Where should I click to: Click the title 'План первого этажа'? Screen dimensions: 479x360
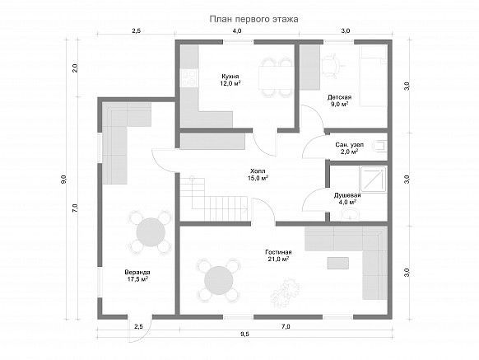click(253, 19)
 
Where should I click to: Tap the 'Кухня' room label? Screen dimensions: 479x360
click(230, 76)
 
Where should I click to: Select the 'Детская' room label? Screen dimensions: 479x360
click(339, 97)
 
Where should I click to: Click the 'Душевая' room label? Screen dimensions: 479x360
click(347, 195)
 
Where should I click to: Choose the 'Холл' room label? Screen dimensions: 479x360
click(258, 171)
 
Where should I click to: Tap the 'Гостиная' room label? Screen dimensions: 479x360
click(278, 252)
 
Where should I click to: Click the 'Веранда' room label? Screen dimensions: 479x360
click(137, 272)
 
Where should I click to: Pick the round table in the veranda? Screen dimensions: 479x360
click(151, 232)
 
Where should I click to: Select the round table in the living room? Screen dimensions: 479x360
click(219, 280)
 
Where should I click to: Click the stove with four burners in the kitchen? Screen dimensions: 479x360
click(189, 78)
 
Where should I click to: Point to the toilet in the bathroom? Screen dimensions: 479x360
click(380, 146)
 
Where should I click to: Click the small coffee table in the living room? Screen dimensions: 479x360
click(338, 263)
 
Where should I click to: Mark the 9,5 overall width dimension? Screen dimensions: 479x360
click(244, 334)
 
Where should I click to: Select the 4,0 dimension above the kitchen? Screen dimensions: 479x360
click(237, 30)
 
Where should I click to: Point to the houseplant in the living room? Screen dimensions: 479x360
click(285, 291)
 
